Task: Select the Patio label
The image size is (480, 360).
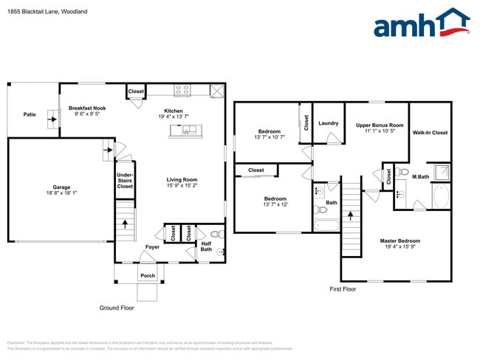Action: (x=30, y=114)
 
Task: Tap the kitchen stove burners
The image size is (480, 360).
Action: (x=182, y=91)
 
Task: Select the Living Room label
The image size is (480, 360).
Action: (x=181, y=179)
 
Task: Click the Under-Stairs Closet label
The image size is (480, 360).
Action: (x=125, y=181)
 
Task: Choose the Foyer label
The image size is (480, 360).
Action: (x=152, y=246)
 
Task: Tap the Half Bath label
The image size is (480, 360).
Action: (x=206, y=246)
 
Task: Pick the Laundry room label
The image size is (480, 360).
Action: (x=329, y=123)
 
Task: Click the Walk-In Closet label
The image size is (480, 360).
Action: (x=430, y=133)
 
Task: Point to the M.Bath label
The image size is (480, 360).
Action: (x=420, y=177)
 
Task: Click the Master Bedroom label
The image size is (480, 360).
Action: (x=400, y=241)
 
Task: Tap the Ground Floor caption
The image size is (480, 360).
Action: (x=117, y=307)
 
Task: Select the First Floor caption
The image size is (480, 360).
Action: (x=343, y=289)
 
